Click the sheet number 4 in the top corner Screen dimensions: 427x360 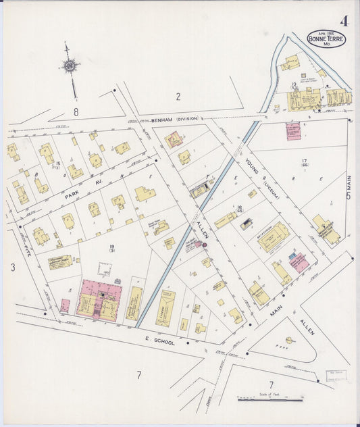coord(344,20)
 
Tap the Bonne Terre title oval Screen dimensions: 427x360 coord(326,39)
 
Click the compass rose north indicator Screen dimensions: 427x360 coord(69,66)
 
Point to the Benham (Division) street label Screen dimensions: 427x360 coord(175,118)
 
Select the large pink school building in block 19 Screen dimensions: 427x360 coord(99,300)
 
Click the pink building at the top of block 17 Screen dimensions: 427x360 coord(292,130)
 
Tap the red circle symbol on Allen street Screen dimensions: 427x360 coord(205,245)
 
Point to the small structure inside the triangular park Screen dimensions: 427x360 coord(289,340)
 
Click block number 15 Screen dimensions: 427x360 coord(59,164)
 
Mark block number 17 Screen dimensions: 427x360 coord(304,160)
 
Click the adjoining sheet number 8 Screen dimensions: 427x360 coord(76,112)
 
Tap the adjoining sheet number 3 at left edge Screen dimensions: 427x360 coord(12,268)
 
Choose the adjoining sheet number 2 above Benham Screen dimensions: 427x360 coord(178,97)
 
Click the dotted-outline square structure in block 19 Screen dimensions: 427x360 coord(104,269)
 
